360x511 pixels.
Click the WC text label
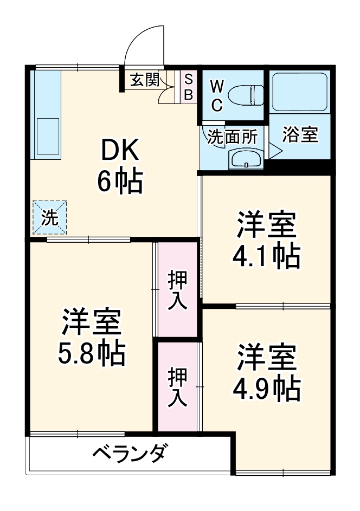216,95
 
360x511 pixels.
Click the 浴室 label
300,135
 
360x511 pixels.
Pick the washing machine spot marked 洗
49,218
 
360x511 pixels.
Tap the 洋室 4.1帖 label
266,240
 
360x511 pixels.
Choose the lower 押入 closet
177,387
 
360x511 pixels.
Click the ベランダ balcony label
128,454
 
